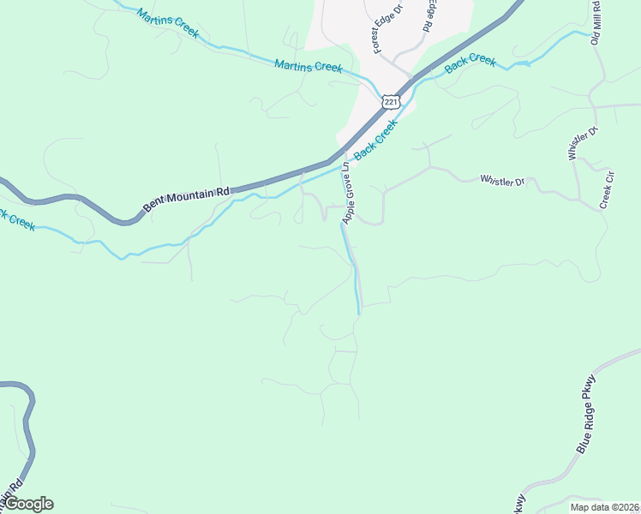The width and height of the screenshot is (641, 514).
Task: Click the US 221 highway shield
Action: [x=391, y=102]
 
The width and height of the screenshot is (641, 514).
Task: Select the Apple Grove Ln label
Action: [x=348, y=193]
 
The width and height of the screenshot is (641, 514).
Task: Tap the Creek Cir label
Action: [x=608, y=190]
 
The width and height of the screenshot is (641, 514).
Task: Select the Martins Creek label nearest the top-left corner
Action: [x=167, y=21]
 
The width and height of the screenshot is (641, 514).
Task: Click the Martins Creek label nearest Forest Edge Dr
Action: [x=309, y=66]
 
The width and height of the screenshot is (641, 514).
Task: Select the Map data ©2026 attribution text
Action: [x=605, y=507]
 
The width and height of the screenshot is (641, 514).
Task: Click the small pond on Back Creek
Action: [x=518, y=63]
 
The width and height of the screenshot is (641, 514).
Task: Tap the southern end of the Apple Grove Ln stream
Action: [x=357, y=312]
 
